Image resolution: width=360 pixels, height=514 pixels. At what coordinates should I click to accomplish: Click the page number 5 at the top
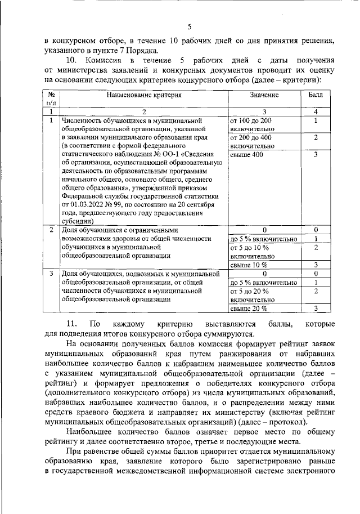189,26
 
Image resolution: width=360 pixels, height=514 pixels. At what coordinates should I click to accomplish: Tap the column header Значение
264,95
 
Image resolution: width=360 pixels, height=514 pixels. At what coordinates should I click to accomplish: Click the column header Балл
316,95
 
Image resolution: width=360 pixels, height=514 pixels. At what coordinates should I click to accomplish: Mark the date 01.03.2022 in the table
83,204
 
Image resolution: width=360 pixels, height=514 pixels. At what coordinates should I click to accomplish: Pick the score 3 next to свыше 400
316,154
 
